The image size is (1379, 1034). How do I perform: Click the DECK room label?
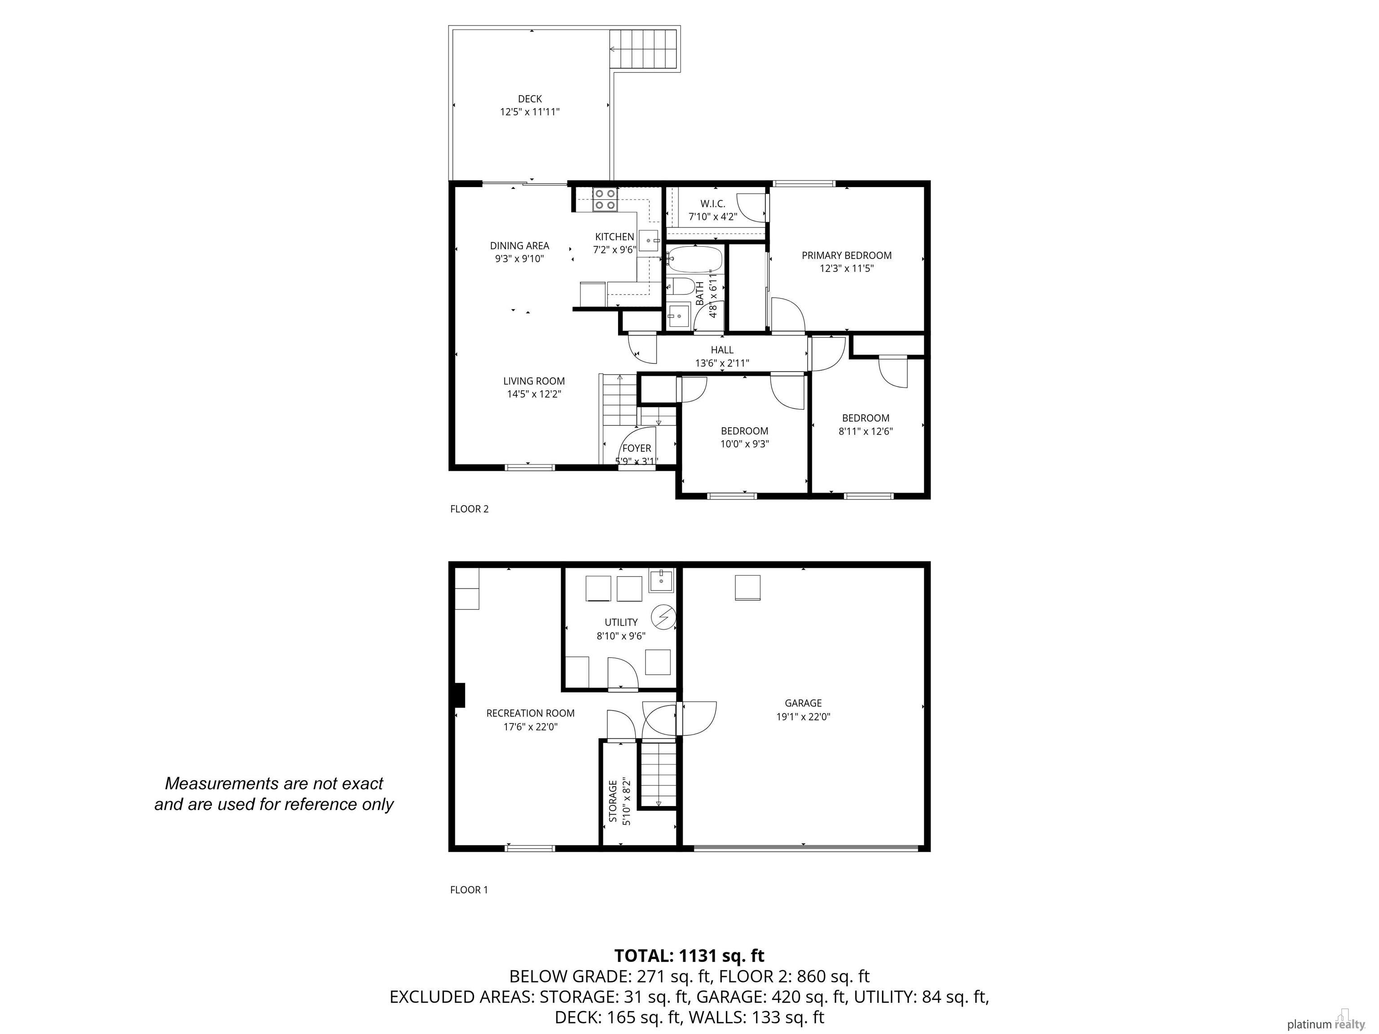(x=530, y=98)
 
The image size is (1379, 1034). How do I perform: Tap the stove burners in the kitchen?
(x=605, y=199)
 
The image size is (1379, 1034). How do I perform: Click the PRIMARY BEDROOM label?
(x=847, y=255)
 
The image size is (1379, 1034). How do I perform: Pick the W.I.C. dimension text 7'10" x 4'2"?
(x=712, y=217)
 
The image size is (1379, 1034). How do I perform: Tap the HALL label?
(x=722, y=350)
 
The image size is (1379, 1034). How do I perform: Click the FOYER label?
(x=637, y=448)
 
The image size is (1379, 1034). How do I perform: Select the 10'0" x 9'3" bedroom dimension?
(x=744, y=444)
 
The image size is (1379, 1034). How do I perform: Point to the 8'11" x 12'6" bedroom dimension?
(x=865, y=431)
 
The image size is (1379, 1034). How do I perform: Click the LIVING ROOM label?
(x=534, y=381)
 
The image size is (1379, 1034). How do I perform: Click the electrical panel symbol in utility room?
(x=663, y=617)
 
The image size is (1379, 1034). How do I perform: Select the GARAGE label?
(x=803, y=703)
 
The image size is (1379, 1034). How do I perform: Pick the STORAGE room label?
(x=613, y=801)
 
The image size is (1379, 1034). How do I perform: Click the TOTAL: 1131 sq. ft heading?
(x=689, y=955)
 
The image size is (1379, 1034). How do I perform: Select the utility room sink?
(x=660, y=581)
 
